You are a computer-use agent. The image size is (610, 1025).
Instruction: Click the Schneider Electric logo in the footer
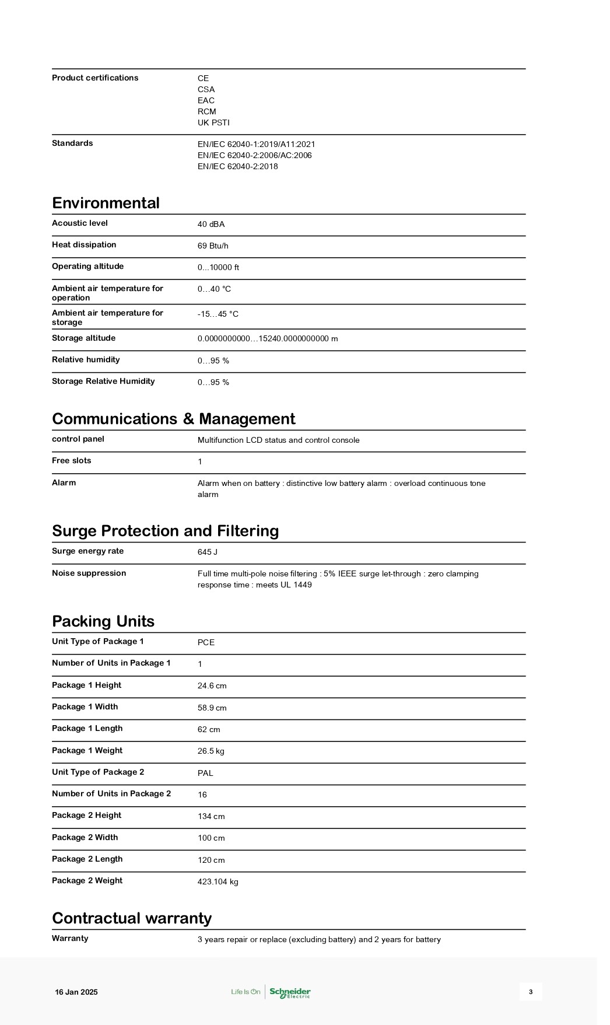click(290, 992)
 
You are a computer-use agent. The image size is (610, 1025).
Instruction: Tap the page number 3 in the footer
click(531, 992)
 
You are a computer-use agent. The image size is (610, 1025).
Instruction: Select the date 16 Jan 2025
click(76, 992)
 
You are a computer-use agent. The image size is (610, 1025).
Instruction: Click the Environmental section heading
click(106, 203)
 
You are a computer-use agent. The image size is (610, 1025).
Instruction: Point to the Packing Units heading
click(103, 621)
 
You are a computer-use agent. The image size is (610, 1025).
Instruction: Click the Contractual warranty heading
click(132, 918)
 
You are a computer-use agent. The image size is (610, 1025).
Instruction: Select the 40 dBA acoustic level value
click(211, 225)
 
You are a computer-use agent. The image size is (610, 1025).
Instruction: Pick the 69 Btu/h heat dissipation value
click(213, 246)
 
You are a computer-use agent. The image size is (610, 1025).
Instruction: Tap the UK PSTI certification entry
click(213, 123)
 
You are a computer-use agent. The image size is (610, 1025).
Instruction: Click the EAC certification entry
click(206, 100)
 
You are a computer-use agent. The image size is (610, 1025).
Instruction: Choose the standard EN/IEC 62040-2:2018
click(237, 166)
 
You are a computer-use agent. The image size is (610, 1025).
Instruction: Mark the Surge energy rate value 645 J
click(208, 552)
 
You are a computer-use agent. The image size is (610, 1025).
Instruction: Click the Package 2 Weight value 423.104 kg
click(218, 881)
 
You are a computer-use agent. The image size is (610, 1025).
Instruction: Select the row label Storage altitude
click(83, 338)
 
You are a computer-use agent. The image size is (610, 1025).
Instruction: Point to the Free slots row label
click(72, 461)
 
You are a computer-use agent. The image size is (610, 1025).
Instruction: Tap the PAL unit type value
click(205, 773)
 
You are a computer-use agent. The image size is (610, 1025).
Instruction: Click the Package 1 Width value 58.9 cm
click(212, 708)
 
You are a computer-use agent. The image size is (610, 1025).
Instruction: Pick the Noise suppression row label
click(89, 573)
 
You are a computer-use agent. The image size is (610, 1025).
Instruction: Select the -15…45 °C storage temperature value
click(218, 314)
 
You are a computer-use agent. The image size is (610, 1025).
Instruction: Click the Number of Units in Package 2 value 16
click(202, 795)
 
